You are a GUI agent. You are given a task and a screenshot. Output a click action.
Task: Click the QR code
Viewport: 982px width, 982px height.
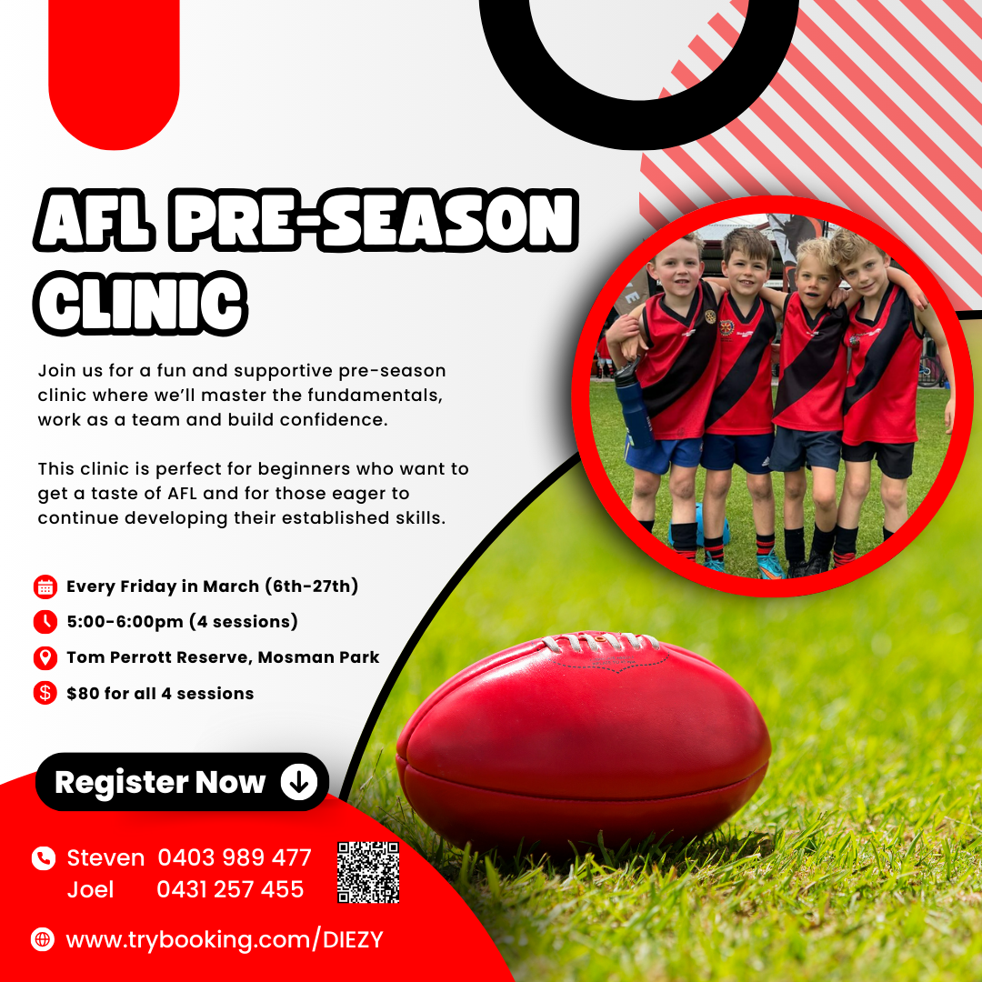pos(368,872)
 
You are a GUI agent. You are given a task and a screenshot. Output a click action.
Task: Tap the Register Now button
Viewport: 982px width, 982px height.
pos(182,782)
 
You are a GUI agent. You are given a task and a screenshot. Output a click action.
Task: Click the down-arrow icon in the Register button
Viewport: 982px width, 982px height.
pos(298,782)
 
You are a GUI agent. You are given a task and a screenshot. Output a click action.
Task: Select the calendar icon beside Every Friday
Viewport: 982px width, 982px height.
pos(45,586)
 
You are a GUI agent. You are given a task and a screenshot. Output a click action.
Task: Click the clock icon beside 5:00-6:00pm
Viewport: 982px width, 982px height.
pos(45,622)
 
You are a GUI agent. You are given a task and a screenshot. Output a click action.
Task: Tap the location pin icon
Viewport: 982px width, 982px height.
pos(45,657)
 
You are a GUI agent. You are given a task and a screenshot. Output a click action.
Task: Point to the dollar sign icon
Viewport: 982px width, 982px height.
pos(45,693)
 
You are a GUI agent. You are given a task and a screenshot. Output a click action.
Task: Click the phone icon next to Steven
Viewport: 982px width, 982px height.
pos(43,857)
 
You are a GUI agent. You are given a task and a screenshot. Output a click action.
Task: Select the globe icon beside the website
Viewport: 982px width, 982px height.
pos(43,939)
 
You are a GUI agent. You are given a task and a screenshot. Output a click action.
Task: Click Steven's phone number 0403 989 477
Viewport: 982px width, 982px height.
pos(235,857)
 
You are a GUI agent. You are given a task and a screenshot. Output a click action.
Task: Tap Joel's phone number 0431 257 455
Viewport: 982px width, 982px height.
pos(230,889)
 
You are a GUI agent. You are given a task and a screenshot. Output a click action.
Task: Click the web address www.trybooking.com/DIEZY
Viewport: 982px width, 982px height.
pos(225,939)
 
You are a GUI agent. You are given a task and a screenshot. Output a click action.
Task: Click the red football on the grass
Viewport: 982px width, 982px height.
pos(582,736)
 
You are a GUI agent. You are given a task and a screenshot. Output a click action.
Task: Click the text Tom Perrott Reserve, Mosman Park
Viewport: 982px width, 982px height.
pos(223,657)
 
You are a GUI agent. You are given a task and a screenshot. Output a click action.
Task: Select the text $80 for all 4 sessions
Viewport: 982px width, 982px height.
pos(160,693)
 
